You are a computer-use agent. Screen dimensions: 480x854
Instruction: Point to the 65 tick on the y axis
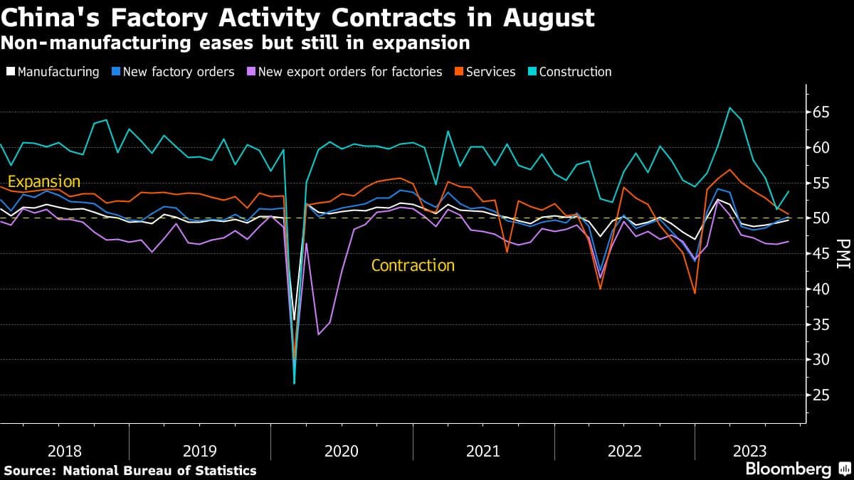[822, 112]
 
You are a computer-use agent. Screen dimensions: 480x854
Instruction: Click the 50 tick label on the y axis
[822, 218]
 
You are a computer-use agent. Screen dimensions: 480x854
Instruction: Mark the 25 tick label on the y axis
[822, 395]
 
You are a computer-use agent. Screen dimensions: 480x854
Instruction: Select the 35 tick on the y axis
[822, 324]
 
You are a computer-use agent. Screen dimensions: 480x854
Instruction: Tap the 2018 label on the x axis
[65, 451]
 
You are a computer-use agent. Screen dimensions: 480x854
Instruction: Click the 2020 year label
[342, 451]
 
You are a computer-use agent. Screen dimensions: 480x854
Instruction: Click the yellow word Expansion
[43, 181]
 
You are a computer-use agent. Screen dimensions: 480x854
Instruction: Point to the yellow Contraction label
[413, 265]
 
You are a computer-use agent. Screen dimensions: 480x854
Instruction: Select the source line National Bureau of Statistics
[159, 470]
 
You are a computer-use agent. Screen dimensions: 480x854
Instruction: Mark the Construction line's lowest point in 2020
[295, 383]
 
